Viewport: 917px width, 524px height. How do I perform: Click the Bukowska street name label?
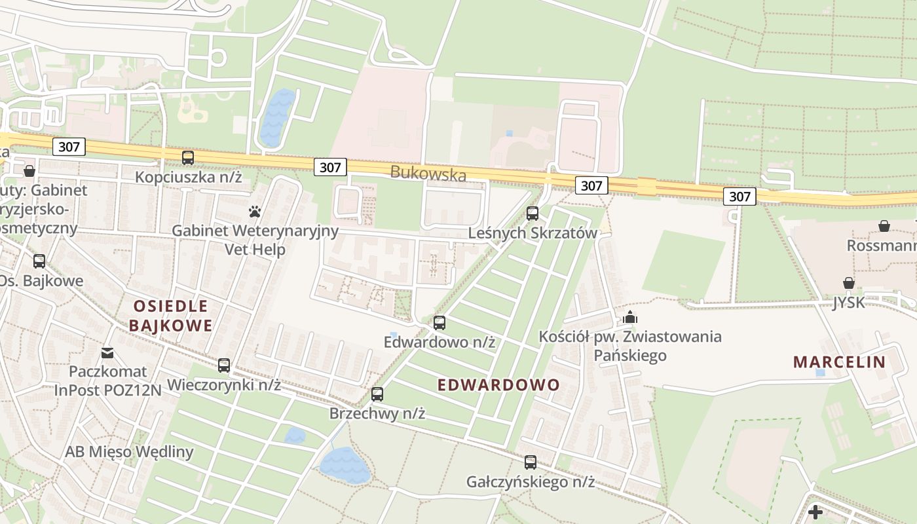428,174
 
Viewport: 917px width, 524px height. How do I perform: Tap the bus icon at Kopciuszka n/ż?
188,158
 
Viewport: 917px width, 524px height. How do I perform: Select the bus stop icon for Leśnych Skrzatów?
533,214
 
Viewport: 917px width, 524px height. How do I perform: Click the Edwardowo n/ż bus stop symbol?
440,323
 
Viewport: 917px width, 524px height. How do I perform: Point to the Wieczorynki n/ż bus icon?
224,365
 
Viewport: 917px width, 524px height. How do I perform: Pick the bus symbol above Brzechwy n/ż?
377,394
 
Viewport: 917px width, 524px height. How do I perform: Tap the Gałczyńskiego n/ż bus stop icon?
531,462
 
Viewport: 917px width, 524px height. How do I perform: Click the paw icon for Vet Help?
255,212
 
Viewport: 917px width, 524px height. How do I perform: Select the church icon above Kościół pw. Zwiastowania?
630,318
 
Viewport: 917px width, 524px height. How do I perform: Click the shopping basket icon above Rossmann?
884,226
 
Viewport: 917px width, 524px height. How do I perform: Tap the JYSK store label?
848,303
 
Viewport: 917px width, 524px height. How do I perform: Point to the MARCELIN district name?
839,362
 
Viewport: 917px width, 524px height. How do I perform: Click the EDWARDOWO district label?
498,384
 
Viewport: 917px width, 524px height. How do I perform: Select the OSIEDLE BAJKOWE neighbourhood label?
171,316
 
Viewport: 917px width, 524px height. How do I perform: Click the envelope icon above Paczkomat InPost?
107,353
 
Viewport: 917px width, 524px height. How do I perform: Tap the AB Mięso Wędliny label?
129,451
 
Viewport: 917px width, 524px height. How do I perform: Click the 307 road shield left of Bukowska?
330,167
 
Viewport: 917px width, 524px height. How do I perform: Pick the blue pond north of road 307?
278,118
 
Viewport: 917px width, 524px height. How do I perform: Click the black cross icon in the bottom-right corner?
815,512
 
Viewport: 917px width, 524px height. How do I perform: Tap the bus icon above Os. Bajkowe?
39,261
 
